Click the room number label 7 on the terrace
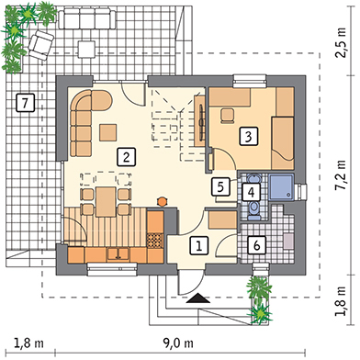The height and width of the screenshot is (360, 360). pyautogui.click(x=25, y=103)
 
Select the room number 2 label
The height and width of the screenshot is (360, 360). pyautogui.click(x=126, y=157)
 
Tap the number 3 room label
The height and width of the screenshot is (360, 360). pyautogui.click(x=249, y=136)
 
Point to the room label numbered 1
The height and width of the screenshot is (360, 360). pyautogui.click(x=199, y=245)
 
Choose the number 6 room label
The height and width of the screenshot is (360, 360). pyautogui.click(x=257, y=245)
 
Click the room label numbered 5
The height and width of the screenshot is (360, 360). pyautogui.click(x=220, y=186)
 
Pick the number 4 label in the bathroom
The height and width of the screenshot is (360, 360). pyautogui.click(x=251, y=192)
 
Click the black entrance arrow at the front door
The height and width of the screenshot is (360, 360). pyautogui.click(x=198, y=298)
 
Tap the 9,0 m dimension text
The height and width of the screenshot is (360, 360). pyautogui.click(x=178, y=343)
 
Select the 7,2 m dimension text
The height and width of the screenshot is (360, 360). pyautogui.click(x=340, y=175)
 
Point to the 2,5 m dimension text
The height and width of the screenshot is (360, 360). pyautogui.click(x=340, y=42)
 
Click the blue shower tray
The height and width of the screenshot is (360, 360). pyautogui.click(x=281, y=187)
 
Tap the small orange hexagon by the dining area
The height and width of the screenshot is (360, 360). pyautogui.click(x=162, y=201)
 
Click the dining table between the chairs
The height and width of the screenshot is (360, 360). pyautogui.click(x=106, y=202)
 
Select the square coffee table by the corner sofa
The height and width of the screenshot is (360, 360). pyautogui.click(x=107, y=132)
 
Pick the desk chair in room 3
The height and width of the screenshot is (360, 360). pyautogui.click(x=228, y=115)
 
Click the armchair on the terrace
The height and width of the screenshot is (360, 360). pyautogui.click(x=41, y=45)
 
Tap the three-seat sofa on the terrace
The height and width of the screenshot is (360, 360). pyautogui.click(x=86, y=18)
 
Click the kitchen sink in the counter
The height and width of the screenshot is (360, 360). pyautogui.click(x=118, y=253)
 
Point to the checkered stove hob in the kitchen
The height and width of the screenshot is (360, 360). pyautogui.click(x=155, y=241)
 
